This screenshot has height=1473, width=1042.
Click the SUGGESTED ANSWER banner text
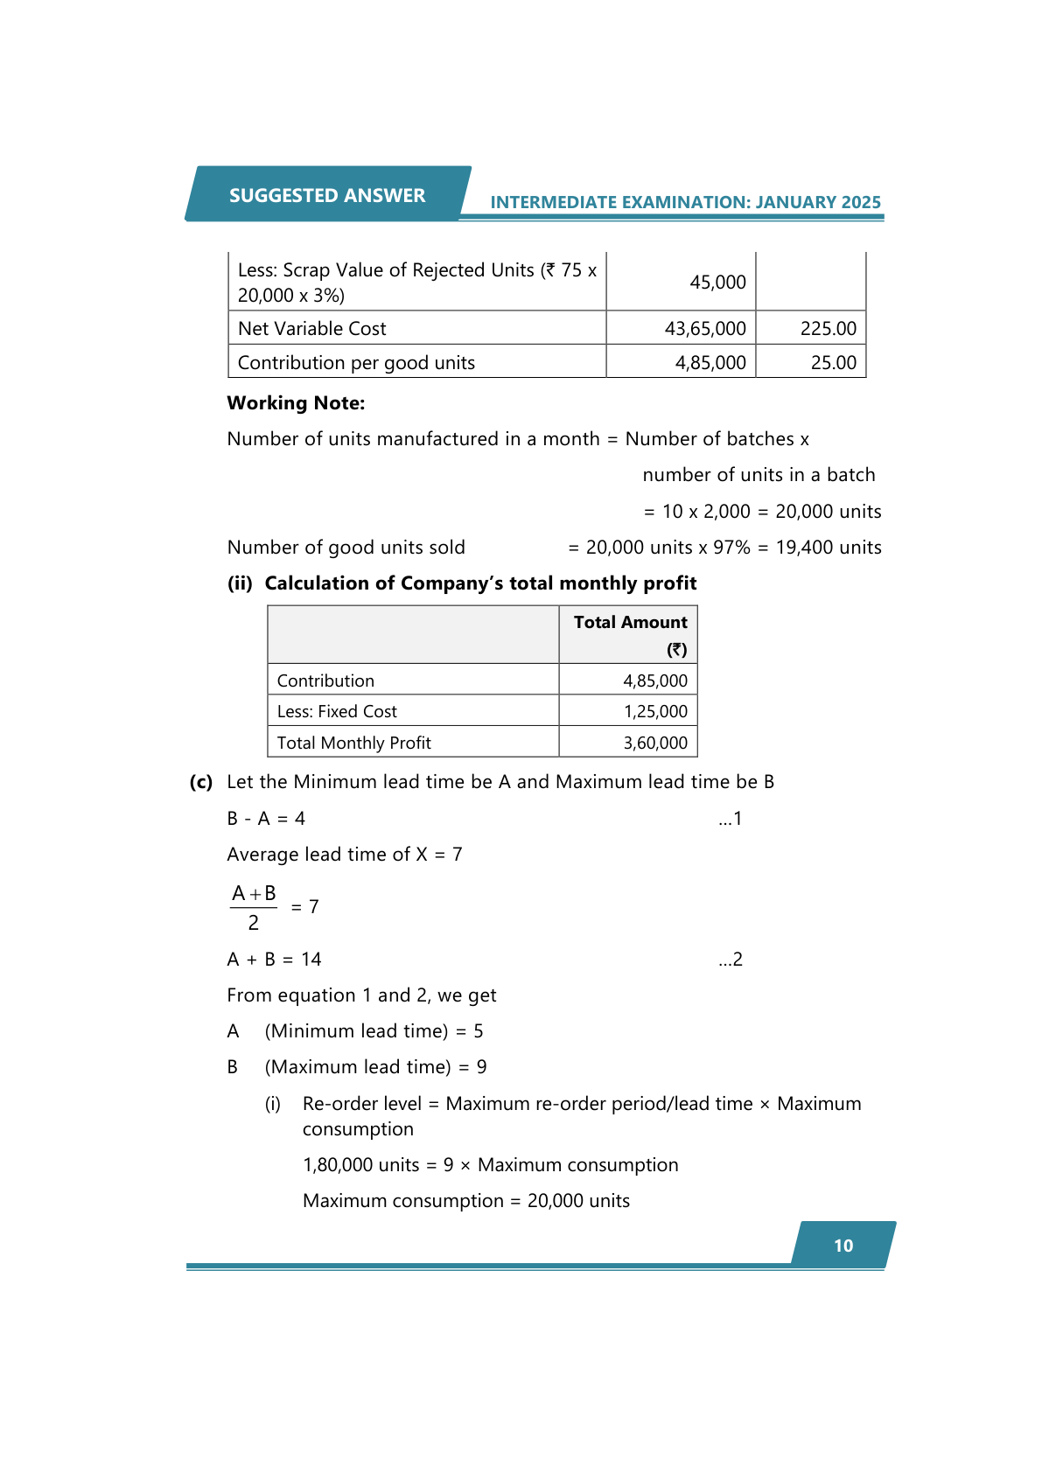[x=327, y=195]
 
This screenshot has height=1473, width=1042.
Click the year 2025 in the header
[x=861, y=202]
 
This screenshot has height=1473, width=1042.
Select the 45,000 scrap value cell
[x=717, y=283]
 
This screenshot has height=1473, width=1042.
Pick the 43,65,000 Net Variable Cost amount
[x=705, y=329]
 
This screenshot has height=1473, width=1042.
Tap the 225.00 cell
[x=828, y=329]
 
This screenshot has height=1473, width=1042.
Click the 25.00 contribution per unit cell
[x=833, y=363]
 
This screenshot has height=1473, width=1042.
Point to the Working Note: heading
[x=296, y=403]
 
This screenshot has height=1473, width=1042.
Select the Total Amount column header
[x=630, y=623]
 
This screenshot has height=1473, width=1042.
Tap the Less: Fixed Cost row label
[x=337, y=712]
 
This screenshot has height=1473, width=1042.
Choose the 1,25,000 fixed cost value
[x=655, y=712]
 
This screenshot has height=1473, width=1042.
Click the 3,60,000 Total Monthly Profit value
[x=655, y=743]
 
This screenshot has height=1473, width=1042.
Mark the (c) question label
[x=201, y=782]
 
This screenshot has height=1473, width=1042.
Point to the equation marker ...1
[x=730, y=819]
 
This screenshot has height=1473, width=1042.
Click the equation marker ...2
[x=730, y=960]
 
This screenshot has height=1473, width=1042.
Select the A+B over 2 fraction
[x=254, y=908]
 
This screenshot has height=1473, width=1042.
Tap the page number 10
[x=843, y=1246]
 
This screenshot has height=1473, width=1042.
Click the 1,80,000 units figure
[x=360, y=1165]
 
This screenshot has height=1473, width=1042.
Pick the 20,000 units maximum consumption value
[x=578, y=1201]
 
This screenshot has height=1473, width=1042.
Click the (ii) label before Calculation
[x=240, y=583]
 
